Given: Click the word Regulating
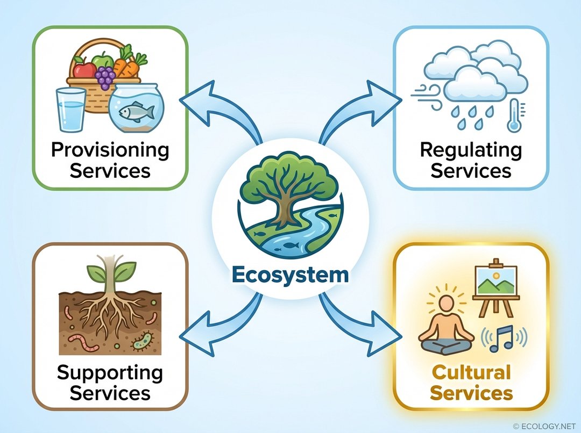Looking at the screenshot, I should tap(470, 150).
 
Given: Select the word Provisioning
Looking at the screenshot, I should tap(110, 150).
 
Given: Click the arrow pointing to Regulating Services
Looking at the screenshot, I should tap(371, 105).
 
